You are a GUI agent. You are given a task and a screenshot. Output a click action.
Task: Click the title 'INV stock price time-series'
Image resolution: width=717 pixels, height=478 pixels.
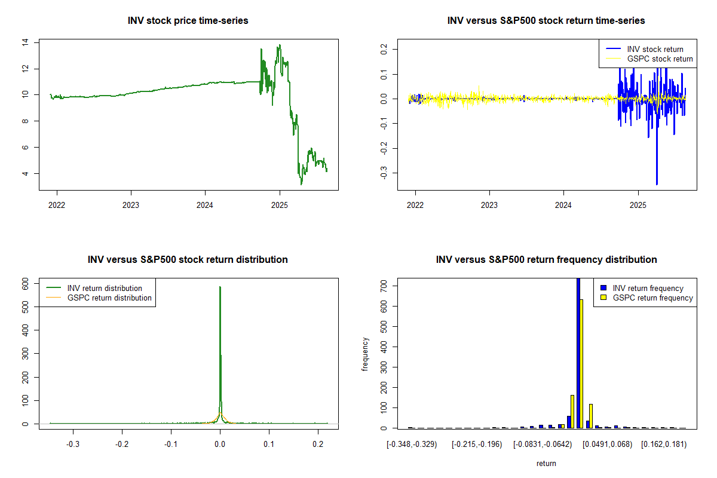click(x=188, y=21)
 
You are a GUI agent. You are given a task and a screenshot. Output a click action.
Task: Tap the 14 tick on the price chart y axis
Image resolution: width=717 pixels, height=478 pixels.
click(x=25, y=42)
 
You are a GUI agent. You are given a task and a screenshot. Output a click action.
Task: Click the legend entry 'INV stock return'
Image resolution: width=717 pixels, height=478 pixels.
click(x=655, y=49)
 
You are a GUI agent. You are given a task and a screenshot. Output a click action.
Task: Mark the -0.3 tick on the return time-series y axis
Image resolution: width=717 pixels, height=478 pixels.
click(x=384, y=173)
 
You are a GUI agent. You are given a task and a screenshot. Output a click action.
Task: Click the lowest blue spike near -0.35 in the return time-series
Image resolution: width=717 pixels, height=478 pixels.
click(x=657, y=184)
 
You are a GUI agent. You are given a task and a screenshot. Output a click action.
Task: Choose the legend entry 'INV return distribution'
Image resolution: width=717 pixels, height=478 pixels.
click(x=105, y=288)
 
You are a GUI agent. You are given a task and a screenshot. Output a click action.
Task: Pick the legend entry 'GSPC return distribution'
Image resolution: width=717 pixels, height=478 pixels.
click(x=109, y=298)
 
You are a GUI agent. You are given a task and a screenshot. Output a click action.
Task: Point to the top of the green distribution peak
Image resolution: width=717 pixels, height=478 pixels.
click(x=220, y=287)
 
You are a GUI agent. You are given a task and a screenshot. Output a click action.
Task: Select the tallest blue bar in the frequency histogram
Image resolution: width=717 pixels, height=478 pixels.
click(x=578, y=353)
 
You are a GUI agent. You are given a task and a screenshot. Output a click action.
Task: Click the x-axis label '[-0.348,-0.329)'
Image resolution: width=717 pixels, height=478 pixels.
click(x=412, y=445)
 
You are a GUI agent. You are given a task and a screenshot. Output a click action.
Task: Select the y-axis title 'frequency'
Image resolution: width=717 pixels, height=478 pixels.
click(x=365, y=354)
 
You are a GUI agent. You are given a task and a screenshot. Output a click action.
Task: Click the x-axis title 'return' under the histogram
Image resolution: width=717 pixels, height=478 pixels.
click(x=546, y=463)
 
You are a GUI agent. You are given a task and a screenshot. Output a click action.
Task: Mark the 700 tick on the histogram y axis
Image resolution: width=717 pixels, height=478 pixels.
click(x=384, y=286)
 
